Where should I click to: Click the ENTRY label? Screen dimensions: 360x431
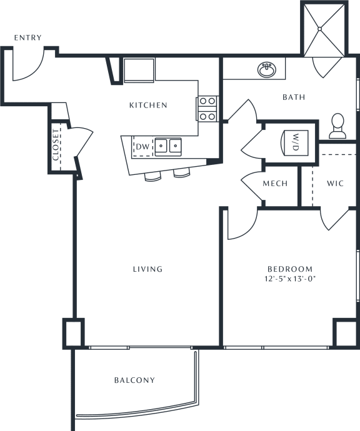(27, 37)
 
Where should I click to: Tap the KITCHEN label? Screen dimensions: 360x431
(148, 105)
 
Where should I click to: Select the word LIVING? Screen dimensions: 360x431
(147, 269)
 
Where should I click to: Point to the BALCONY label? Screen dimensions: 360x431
(134, 380)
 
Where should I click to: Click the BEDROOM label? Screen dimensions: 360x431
(290, 269)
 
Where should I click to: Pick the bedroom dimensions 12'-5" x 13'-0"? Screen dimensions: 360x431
(290, 279)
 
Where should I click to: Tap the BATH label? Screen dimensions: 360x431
(294, 97)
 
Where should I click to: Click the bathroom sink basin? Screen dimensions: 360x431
(267, 70)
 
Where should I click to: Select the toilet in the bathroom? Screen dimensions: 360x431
(337, 126)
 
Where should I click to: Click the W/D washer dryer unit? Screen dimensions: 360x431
(294, 142)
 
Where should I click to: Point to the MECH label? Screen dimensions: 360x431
(275, 184)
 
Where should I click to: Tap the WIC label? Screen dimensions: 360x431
(335, 184)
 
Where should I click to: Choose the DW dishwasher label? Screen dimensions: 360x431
(142, 147)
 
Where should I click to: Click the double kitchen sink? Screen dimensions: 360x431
(168, 146)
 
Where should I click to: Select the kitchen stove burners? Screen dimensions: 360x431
(207, 109)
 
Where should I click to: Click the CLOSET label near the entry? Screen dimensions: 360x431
(56, 145)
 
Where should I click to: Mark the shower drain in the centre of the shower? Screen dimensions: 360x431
(319, 29)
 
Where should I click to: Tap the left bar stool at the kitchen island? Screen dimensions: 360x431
(152, 177)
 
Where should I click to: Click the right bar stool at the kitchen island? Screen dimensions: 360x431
(182, 173)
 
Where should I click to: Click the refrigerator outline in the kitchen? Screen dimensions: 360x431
(139, 70)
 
